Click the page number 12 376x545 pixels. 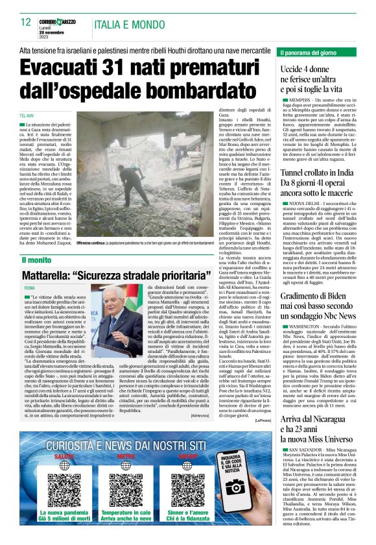26,22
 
